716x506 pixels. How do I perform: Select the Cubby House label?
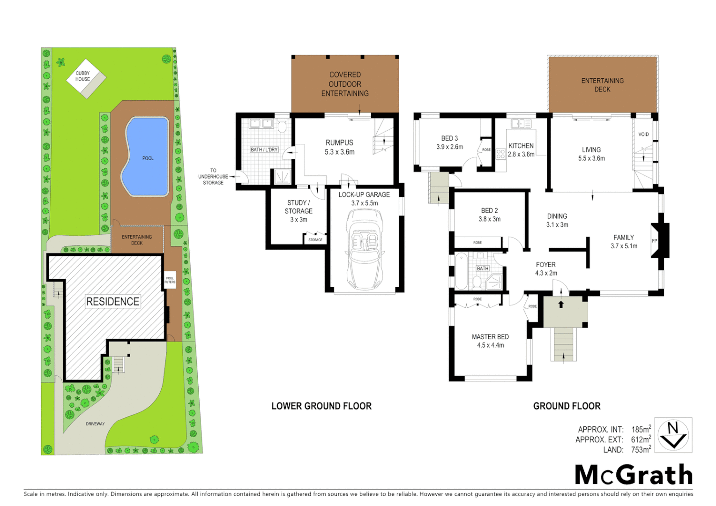click(x=83, y=76)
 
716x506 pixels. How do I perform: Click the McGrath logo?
click(x=634, y=475)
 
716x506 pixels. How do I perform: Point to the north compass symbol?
click(x=673, y=435)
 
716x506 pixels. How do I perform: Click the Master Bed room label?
click(x=490, y=337)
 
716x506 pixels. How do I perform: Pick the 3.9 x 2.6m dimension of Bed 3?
click(x=449, y=147)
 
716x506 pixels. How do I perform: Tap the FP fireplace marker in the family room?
click(x=655, y=241)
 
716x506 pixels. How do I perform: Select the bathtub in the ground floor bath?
click(x=461, y=271)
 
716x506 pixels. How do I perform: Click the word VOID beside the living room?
click(x=643, y=134)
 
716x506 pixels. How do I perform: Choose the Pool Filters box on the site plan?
click(x=170, y=280)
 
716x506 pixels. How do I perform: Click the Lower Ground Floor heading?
click(x=321, y=406)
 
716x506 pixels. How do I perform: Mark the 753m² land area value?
click(x=641, y=450)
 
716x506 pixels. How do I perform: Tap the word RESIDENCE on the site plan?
click(x=113, y=302)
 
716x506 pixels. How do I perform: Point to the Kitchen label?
click(x=521, y=146)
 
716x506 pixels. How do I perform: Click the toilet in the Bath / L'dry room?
click(x=282, y=126)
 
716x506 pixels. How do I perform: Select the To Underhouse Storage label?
click(x=213, y=177)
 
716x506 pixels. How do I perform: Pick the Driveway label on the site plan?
click(x=95, y=424)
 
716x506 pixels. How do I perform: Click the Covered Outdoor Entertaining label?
click(x=345, y=84)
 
